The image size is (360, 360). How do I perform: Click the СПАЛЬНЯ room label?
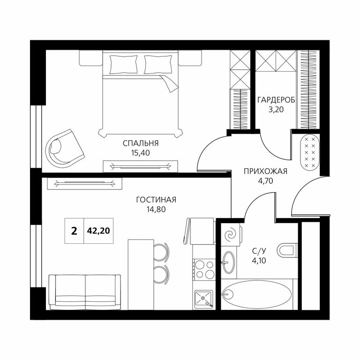tap(141, 143)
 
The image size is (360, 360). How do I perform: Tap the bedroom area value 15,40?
tap(141, 153)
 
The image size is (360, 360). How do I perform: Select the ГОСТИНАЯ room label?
tap(156, 200)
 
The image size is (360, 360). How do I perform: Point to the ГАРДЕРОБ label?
tap(276, 100)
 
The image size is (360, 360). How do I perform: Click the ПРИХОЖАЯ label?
tap(265, 171)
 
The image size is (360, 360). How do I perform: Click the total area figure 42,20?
tap(98, 231)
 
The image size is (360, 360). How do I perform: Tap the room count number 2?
tap(74, 231)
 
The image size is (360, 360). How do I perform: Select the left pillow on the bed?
tap(124, 64)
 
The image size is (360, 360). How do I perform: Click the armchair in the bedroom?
tap(64, 149)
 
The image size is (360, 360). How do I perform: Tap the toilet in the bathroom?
tap(287, 250)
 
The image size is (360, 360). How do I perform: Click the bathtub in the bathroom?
tap(257, 294)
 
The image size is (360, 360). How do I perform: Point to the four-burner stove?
tap(204, 270)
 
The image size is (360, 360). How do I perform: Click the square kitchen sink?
tap(204, 299)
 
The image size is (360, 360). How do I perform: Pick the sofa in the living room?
tap(85, 292)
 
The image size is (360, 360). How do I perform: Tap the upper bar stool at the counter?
tap(161, 252)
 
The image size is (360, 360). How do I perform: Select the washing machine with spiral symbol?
tap(231, 235)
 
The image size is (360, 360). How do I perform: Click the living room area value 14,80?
tap(156, 210)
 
